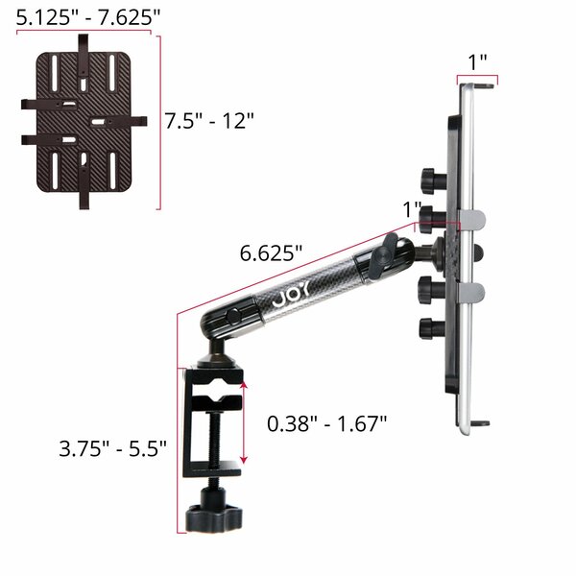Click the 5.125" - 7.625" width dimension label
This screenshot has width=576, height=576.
pos(88,17)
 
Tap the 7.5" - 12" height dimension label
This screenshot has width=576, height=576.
pos(209,121)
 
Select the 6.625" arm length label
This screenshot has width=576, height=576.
pos(271,253)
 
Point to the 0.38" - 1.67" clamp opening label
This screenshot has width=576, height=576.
pos(327,423)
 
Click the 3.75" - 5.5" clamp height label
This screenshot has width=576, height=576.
pos(112,448)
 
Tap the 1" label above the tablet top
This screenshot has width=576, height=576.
pos(477,62)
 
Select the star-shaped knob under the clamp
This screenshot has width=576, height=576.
pos(214,518)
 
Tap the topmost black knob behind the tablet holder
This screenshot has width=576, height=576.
pos(434,181)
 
